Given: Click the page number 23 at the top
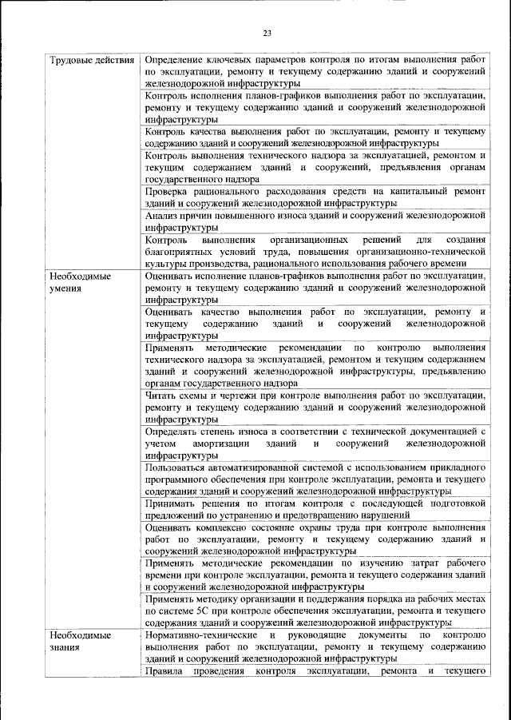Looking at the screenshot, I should coord(267,33).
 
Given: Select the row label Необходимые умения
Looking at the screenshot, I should coord(80,282).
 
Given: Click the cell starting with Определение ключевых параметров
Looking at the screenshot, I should coord(315,71).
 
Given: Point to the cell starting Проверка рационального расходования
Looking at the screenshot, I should coord(315,197).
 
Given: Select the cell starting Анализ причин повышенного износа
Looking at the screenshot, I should coord(315,221).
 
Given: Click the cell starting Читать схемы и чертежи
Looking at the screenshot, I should coord(315,406).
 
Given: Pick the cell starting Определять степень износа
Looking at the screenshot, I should coord(315,443).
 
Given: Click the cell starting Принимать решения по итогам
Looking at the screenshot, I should coord(315,509).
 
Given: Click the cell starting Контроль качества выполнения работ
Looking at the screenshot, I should coord(315,137).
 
